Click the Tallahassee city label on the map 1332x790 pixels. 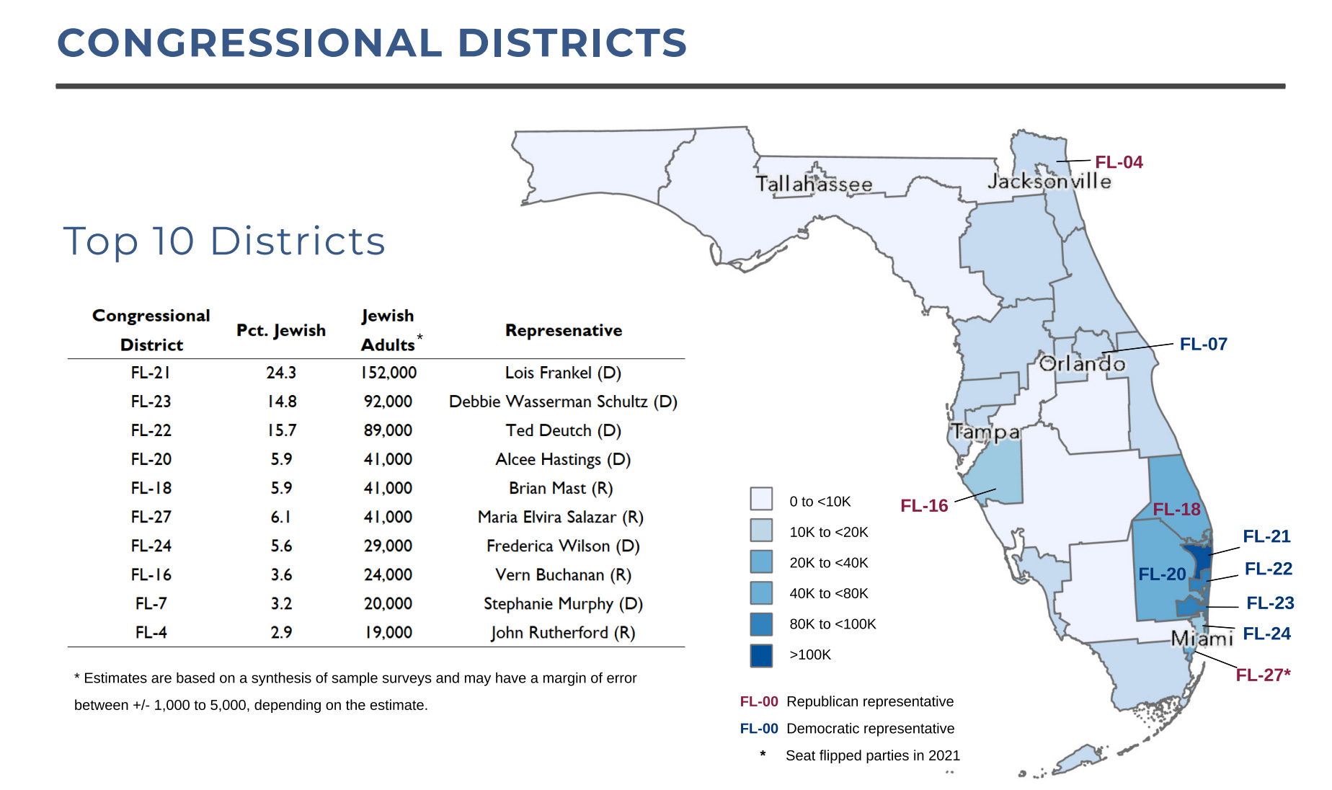[x=814, y=185]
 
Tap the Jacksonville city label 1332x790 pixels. [x=1049, y=181]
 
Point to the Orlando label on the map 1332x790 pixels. [x=1082, y=363]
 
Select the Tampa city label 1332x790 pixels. [x=985, y=432]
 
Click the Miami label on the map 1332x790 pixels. [x=1202, y=639]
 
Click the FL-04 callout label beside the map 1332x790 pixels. [x=1119, y=162]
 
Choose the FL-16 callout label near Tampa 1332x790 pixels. [x=924, y=506]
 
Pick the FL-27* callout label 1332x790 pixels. [x=1263, y=675]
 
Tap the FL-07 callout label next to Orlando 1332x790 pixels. [x=1203, y=345]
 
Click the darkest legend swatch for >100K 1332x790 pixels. [x=761, y=655]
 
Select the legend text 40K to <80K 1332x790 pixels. [x=829, y=593]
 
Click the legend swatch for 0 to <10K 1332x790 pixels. [x=761, y=499]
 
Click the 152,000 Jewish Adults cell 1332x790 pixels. [x=388, y=373]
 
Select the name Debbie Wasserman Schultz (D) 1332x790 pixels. [x=563, y=401]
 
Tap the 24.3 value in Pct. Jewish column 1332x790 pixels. [x=281, y=373]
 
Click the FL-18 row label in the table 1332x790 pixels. [x=151, y=488]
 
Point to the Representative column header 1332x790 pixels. [x=563, y=330]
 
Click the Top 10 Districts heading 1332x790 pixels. [x=224, y=241]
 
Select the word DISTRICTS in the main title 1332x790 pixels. [x=572, y=43]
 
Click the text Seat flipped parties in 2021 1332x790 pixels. [x=872, y=755]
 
